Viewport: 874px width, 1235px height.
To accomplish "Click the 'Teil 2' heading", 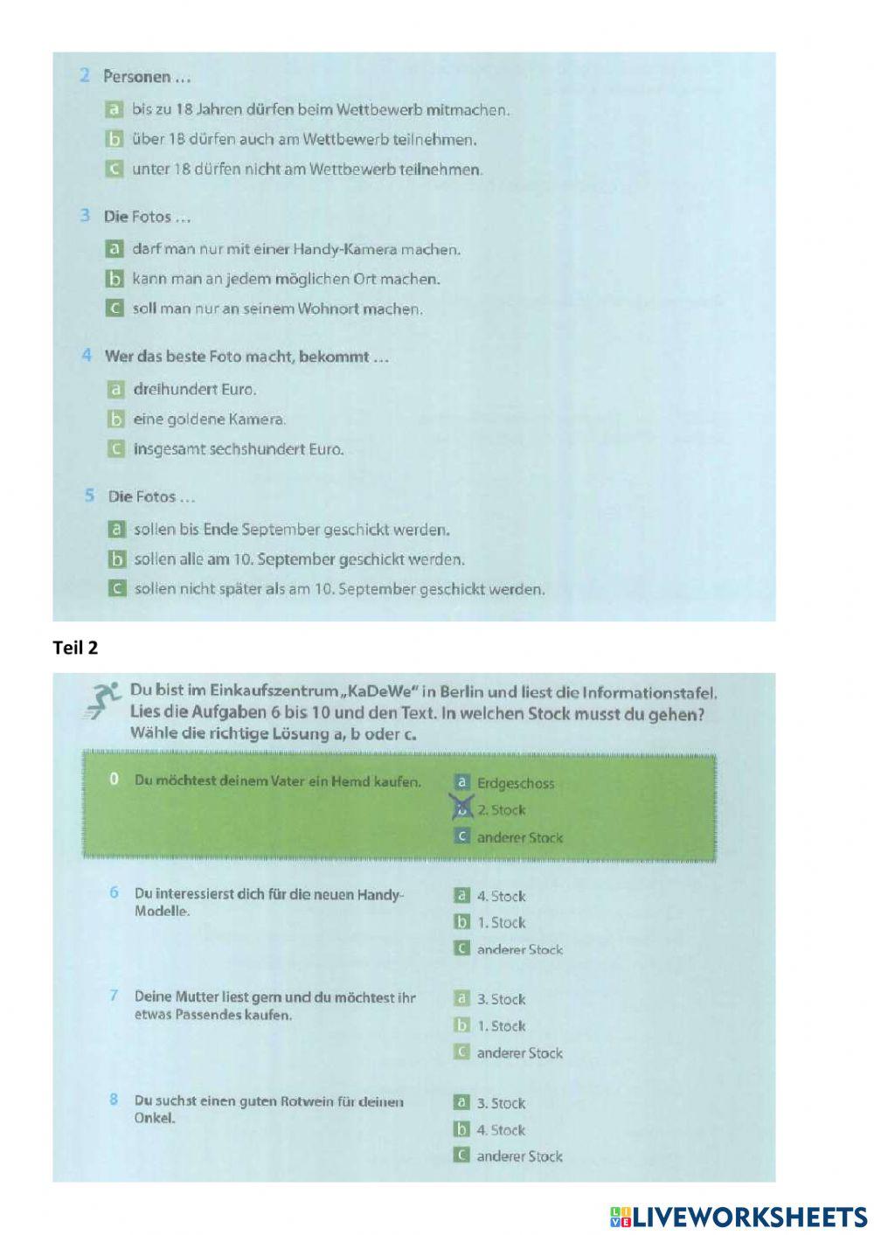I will tap(75, 648).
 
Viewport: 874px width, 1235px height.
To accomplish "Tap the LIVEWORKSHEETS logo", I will tap(739, 1216).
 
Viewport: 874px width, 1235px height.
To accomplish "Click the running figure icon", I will tap(103, 700).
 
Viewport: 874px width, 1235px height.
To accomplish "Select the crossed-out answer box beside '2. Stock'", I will tap(462, 808).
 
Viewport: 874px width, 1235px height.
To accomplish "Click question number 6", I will tap(114, 892).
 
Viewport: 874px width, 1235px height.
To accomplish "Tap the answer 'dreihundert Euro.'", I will tap(194, 390).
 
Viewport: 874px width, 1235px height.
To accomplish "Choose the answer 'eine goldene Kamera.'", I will tap(209, 420).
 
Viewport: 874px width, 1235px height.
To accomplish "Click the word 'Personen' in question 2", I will tap(137, 77).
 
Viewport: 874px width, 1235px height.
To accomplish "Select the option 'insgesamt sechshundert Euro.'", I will tap(238, 449).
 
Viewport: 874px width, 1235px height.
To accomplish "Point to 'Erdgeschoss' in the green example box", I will tap(515, 784).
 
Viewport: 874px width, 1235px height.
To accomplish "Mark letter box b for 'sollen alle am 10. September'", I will tap(117, 559).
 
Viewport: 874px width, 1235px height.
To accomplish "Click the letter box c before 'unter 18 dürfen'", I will tap(114, 169).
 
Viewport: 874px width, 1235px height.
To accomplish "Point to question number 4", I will tap(87, 356).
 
